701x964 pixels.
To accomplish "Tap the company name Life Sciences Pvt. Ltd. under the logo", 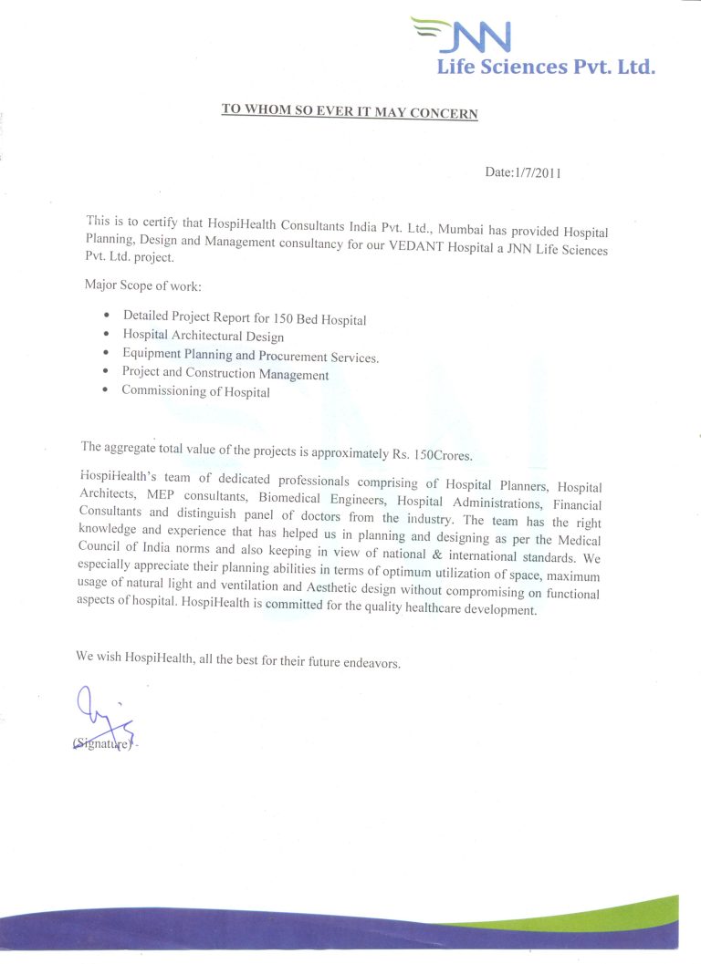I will tap(546, 67).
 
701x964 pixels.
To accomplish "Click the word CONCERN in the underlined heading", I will tap(445, 112).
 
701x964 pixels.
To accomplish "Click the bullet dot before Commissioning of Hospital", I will tap(107, 389).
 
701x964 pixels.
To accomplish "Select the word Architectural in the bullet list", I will tap(214, 337).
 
